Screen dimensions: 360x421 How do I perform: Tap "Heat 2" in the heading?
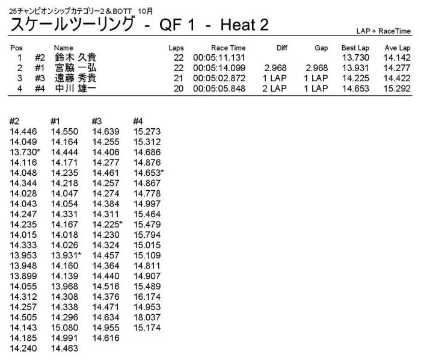click(x=244, y=26)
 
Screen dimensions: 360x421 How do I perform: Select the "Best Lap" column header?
click(x=355, y=48)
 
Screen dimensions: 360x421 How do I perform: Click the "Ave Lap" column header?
click(x=397, y=48)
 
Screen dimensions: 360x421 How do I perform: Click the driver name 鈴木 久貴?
click(x=75, y=58)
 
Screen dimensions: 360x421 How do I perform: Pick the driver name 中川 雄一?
click(x=75, y=88)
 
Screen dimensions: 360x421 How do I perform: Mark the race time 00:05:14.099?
click(x=218, y=68)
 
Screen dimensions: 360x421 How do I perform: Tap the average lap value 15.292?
click(x=397, y=88)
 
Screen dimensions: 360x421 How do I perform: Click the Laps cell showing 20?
click(x=179, y=88)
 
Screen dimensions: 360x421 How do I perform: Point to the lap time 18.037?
click(x=146, y=317)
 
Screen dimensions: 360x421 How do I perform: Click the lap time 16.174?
click(x=146, y=297)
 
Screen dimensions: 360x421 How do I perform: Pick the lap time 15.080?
click(x=64, y=327)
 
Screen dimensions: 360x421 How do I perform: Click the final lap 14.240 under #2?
click(x=23, y=348)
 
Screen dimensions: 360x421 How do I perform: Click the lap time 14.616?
click(x=105, y=338)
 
